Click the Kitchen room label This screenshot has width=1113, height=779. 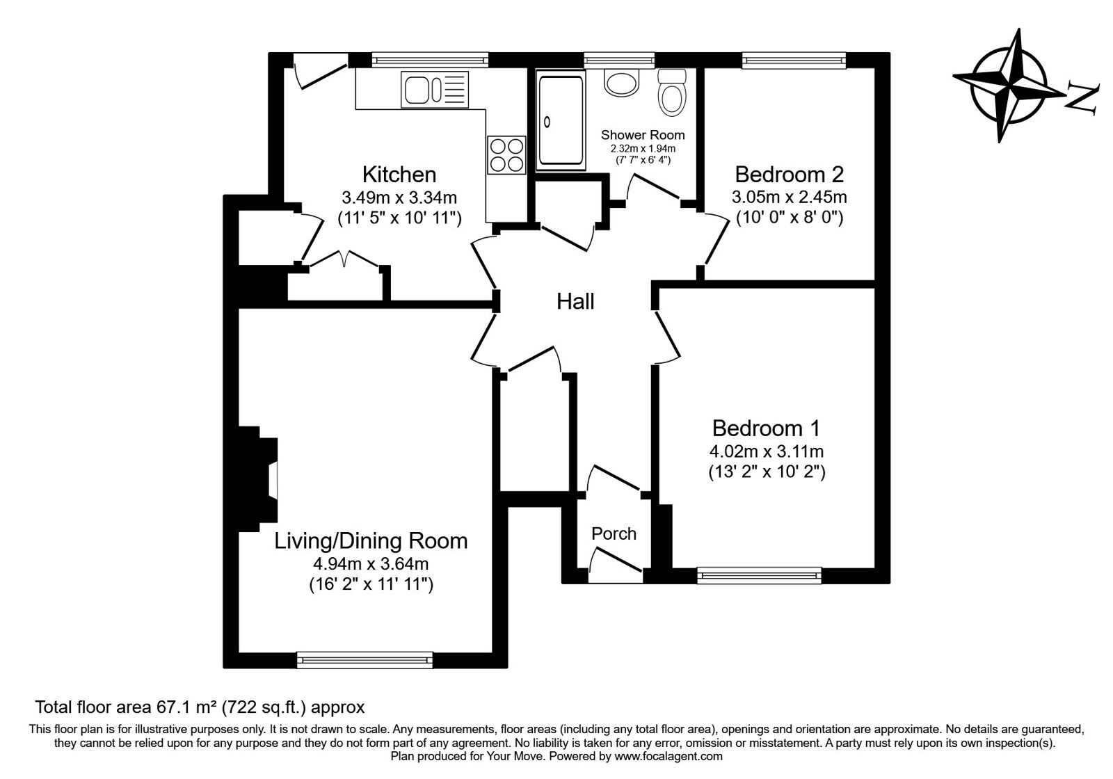[399, 175]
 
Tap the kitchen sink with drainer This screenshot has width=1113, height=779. [435, 90]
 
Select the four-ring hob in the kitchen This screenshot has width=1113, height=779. [506, 155]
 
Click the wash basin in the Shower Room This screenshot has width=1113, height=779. [621, 82]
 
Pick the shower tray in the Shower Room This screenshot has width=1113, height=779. [561, 120]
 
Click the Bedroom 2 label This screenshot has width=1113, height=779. [789, 175]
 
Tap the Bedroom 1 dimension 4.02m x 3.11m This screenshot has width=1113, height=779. [766, 451]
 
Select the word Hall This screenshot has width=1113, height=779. [575, 302]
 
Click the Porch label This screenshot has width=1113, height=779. [614, 533]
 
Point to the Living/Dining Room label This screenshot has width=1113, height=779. [371, 541]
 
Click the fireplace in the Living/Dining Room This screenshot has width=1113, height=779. [258, 479]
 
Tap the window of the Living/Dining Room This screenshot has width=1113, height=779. [365, 660]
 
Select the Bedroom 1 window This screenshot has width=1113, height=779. [759, 575]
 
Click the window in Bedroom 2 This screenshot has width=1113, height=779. [794, 60]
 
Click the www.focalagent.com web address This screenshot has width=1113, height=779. [668, 757]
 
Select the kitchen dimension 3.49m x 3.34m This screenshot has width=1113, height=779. [399, 198]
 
